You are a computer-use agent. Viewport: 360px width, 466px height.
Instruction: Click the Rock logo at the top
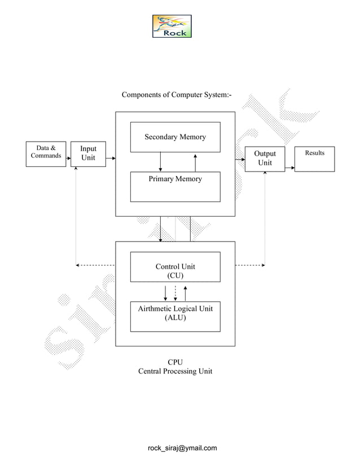coord(172,27)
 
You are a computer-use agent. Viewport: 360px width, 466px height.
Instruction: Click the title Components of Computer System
coord(177,94)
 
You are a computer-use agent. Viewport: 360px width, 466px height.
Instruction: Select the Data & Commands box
coord(46,153)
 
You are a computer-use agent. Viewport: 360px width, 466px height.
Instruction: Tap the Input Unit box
coord(88,153)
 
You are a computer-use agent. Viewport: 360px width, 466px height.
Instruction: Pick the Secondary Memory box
coord(175,137)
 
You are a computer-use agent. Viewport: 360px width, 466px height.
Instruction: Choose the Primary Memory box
coord(175,187)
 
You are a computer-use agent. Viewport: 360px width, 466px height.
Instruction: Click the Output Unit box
coord(265,159)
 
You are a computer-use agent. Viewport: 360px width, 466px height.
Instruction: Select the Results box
coord(314,159)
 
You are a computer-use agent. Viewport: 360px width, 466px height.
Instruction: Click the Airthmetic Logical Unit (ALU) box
coord(175,316)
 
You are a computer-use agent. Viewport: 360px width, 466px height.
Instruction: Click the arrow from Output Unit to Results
coord(290,168)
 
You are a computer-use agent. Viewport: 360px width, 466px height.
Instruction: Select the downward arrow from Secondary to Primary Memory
coord(161,162)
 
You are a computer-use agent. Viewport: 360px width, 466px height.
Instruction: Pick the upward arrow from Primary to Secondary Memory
coord(195,162)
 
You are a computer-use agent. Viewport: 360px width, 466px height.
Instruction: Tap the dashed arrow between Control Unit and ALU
coord(175,292)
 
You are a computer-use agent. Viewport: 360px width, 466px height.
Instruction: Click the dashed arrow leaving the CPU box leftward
coord(96,265)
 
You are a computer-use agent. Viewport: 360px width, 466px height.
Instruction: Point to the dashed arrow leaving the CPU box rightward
coord(250,265)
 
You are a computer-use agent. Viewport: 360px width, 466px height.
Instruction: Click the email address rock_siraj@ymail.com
coord(182,448)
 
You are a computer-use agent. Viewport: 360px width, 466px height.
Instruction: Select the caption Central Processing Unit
coord(175,371)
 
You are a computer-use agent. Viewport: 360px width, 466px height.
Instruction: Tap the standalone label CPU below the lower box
coord(175,362)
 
